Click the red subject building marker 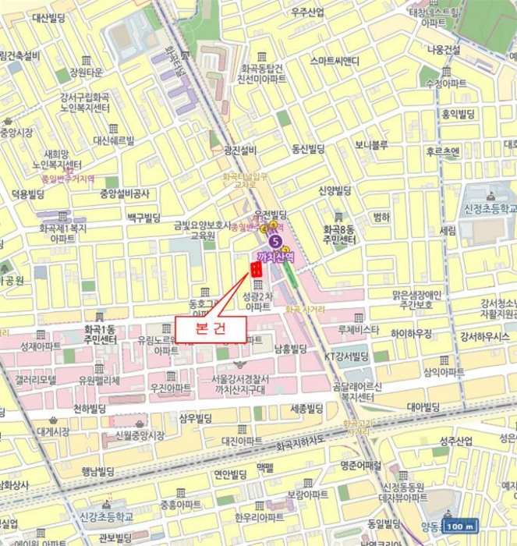pyautogui.click(x=255, y=269)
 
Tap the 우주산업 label pyautogui.click(x=307, y=12)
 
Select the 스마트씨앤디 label pyautogui.click(x=334, y=61)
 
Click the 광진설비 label pyautogui.click(x=239, y=151)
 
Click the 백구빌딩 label pyautogui.click(x=143, y=218)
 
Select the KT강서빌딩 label pyautogui.click(x=346, y=356)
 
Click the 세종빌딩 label pyautogui.click(x=306, y=409)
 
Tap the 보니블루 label pyautogui.click(x=371, y=144)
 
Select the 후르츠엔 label pyautogui.click(x=443, y=151)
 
